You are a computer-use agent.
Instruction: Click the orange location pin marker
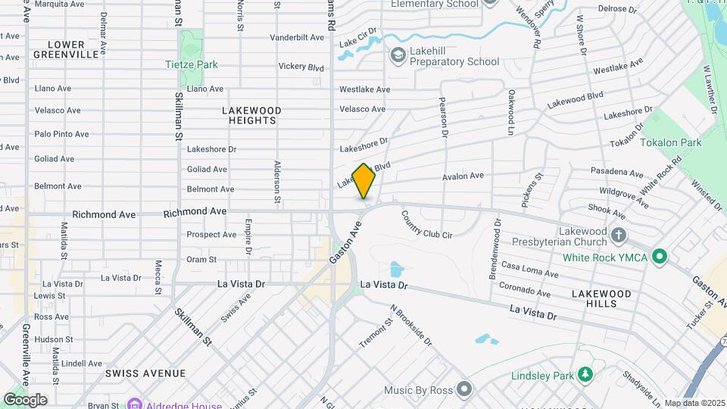[x=364, y=181]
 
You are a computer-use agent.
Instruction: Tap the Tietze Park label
[x=192, y=64]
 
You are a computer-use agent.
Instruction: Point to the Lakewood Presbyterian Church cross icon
[x=619, y=235]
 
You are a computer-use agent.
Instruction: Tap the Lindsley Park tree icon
[x=585, y=374]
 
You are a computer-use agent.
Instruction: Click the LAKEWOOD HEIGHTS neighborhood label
[x=251, y=115]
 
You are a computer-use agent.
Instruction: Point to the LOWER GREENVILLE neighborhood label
[x=66, y=49]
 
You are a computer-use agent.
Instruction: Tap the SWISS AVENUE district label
[x=145, y=373]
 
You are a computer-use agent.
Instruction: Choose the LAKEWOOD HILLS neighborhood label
[x=601, y=298]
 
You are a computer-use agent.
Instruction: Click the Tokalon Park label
[x=671, y=142]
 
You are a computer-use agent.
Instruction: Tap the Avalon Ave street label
[x=463, y=176]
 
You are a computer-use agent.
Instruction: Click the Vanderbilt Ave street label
[x=297, y=37]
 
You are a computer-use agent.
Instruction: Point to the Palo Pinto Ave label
[x=61, y=134]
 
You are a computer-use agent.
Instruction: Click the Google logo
[x=26, y=399]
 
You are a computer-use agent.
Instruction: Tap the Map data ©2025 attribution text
[x=694, y=403]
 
